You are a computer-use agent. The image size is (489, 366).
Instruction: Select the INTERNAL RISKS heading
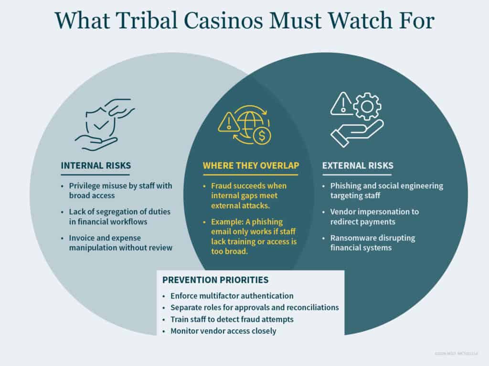(x=96, y=166)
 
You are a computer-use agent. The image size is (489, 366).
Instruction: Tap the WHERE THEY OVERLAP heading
(x=251, y=166)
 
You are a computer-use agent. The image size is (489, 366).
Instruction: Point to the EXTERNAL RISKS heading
(x=358, y=166)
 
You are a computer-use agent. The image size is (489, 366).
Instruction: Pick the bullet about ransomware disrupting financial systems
(x=374, y=243)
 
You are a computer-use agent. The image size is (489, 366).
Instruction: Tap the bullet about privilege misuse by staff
(x=119, y=191)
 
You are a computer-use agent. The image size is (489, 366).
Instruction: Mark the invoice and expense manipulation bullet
(x=119, y=243)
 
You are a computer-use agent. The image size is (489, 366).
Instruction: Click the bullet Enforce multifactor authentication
(x=232, y=296)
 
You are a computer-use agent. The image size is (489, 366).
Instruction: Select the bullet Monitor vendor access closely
(x=223, y=331)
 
